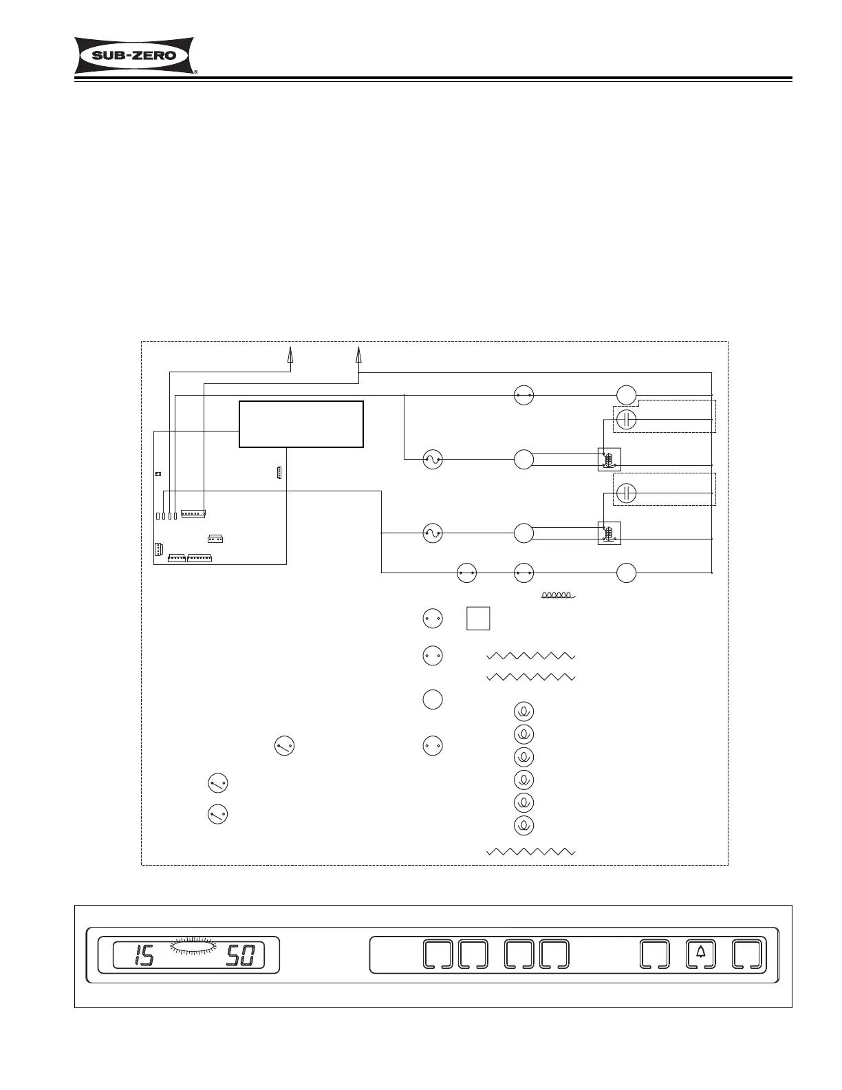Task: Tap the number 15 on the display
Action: [143, 956]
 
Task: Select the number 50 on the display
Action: [241, 956]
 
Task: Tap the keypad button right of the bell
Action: [746, 954]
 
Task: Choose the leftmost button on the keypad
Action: [437, 954]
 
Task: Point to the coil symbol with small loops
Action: [558, 595]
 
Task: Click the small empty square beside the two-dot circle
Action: [478, 619]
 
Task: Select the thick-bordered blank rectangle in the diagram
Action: [301, 424]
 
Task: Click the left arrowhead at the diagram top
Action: [290, 355]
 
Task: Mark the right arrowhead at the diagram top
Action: [358, 355]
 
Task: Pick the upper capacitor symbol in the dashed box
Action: [626, 420]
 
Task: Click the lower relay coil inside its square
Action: [609, 533]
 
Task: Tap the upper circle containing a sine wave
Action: [432, 460]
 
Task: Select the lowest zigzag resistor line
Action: [530, 852]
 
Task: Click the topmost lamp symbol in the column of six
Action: [524, 712]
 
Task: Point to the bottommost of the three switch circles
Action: [217, 814]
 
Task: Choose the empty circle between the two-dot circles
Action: [432, 700]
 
